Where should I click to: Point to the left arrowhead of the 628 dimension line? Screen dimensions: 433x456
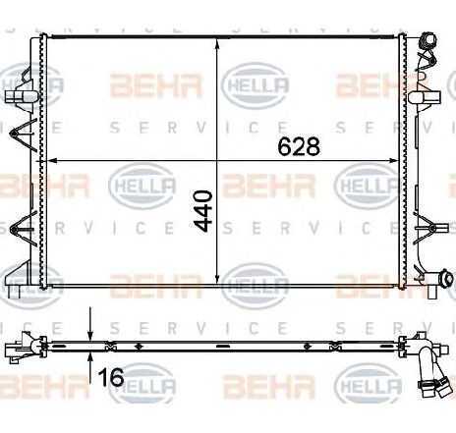pyautogui.click(x=53, y=160)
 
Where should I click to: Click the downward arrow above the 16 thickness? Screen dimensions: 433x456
pyautogui.click(x=90, y=333)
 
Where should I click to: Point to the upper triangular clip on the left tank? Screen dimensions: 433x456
pyautogui.click(x=24, y=135)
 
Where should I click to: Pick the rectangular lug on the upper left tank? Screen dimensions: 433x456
pyautogui.click(x=19, y=98)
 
